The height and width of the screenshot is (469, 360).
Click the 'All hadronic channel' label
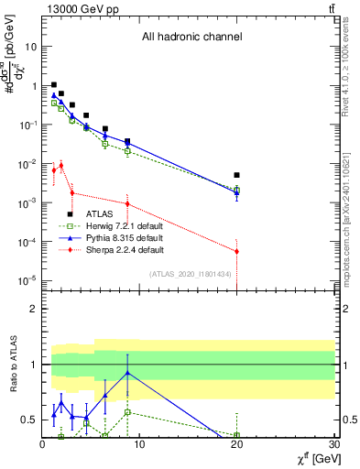coord(191,38)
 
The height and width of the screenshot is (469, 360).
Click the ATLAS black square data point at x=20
coord(236,175)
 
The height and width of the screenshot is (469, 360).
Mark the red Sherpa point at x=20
coord(236,251)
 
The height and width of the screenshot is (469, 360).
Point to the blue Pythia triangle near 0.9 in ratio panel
coord(127,373)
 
